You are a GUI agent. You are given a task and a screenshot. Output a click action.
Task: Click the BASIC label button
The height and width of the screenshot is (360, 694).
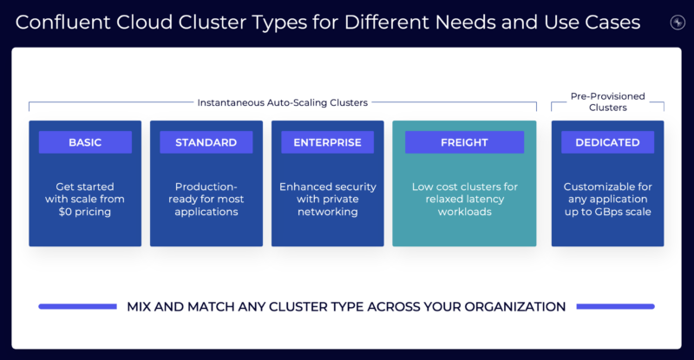pos(85,142)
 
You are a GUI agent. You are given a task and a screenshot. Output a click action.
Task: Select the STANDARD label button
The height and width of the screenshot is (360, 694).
pos(206,142)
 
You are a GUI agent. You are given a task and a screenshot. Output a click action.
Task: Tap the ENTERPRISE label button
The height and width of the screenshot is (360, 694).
pos(327,142)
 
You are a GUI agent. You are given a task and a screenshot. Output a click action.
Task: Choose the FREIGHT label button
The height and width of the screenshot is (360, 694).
pos(464,142)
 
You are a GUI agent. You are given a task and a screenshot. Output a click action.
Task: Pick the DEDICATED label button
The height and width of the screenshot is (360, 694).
pos(607,142)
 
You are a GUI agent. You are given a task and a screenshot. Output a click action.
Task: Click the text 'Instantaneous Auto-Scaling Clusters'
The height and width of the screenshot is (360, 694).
pos(282,102)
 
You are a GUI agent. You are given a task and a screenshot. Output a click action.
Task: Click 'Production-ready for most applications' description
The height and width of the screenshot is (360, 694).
pos(206,199)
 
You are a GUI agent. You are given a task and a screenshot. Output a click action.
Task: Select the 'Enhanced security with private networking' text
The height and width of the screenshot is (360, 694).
pos(327,199)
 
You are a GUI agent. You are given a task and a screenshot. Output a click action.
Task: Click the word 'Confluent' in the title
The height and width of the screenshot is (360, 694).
pos(59,22)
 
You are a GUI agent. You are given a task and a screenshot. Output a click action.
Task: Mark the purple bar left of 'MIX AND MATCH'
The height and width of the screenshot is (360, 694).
pos(77,306)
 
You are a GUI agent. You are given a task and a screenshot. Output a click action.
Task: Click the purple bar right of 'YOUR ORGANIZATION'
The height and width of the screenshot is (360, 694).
pos(615,306)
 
